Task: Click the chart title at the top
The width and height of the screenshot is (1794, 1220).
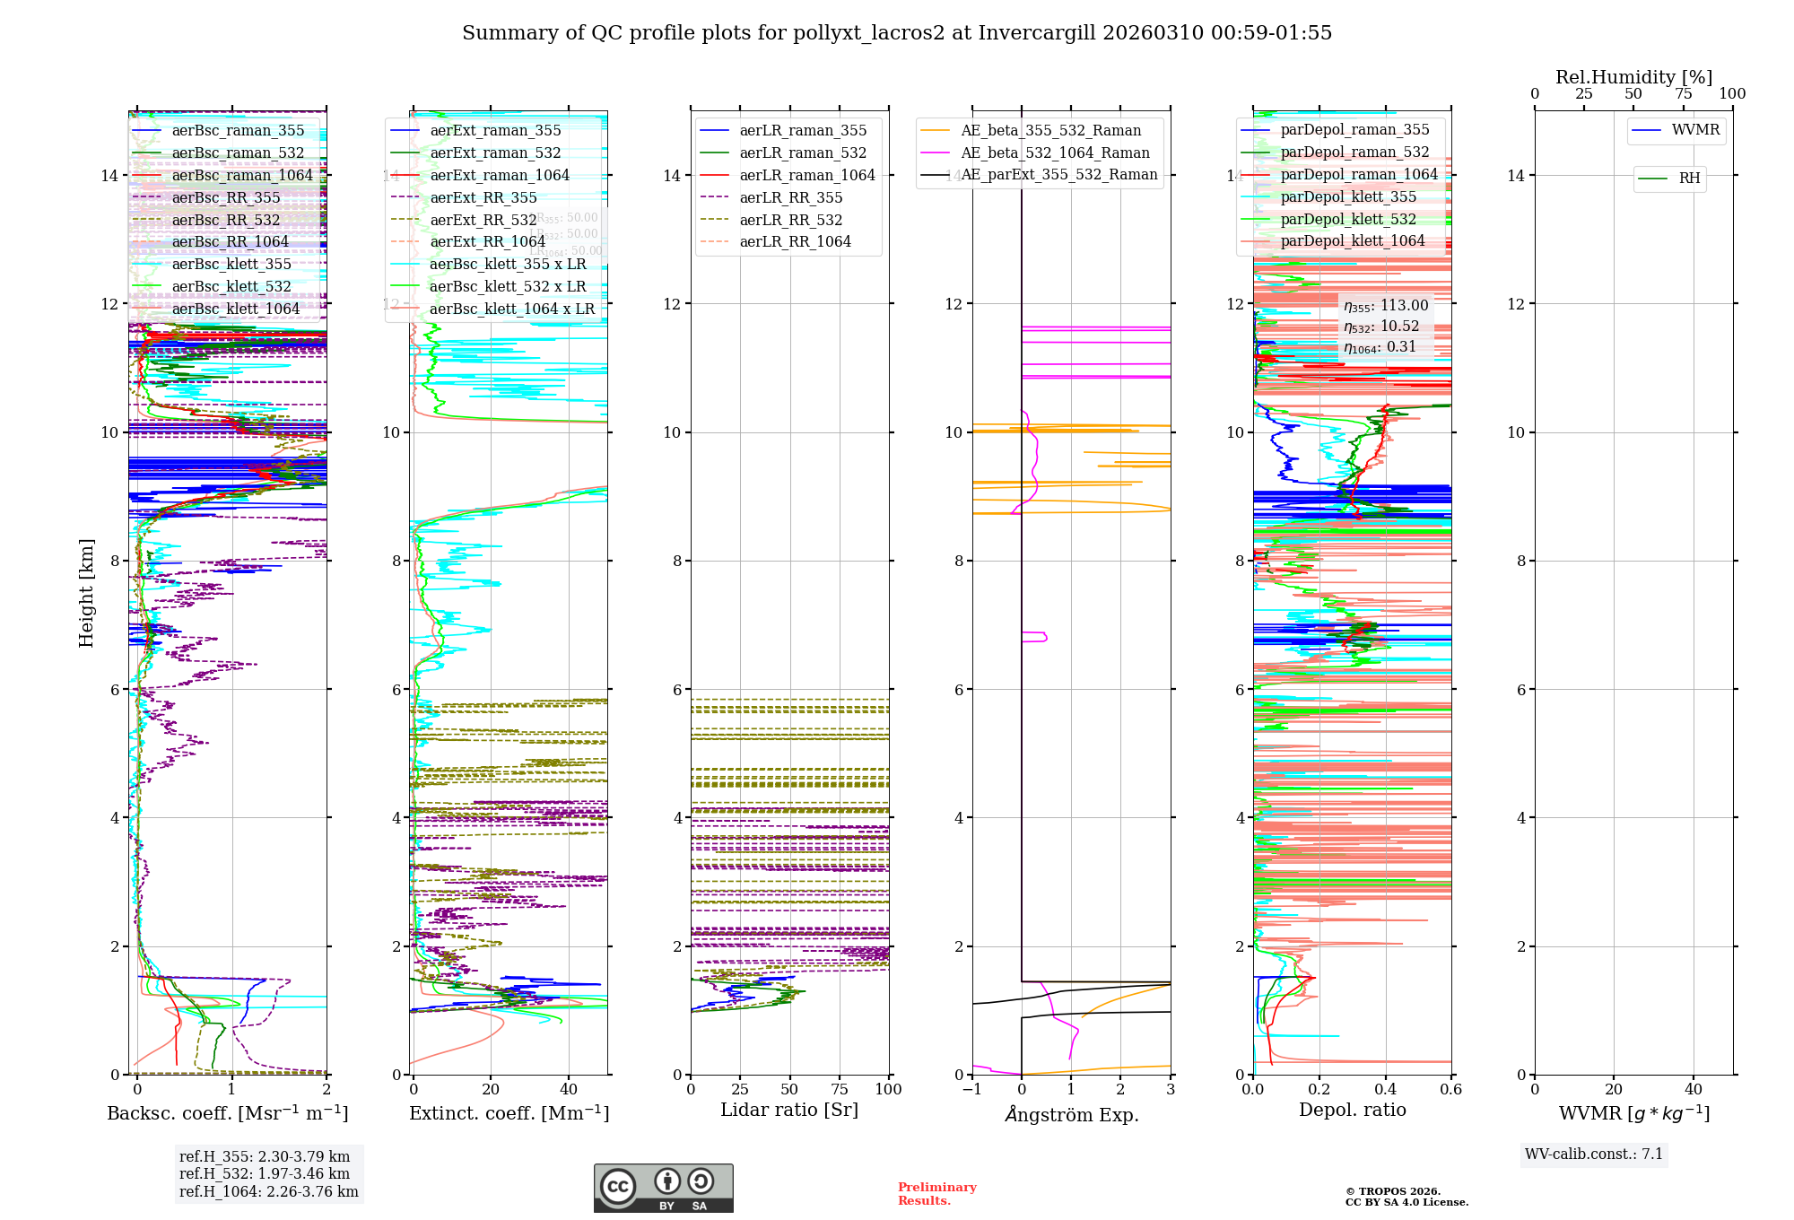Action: click(897, 33)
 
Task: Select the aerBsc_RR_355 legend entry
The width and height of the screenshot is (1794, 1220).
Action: click(226, 197)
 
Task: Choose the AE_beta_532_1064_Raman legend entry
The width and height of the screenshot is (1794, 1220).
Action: click(1055, 152)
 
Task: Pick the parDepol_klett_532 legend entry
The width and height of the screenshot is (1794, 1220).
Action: click(1348, 219)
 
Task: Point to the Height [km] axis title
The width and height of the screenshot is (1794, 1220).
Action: click(86, 593)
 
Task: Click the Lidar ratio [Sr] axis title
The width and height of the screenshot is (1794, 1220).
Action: click(789, 1110)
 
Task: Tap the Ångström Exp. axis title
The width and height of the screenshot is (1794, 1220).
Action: click(1072, 1114)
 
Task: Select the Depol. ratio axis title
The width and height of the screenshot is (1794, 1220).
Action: click(1353, 1110)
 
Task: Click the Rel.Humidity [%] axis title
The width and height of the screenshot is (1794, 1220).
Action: click(1633, 77)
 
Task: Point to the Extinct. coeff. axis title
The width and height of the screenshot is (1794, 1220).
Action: click(509, 1113)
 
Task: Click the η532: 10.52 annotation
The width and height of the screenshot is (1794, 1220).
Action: click(1381, 327)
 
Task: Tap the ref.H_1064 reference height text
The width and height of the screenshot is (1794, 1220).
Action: click(269, 1191)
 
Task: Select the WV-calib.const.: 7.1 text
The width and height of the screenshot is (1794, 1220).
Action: click(1594, 1154)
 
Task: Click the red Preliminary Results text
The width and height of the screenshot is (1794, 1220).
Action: click(936, 1193)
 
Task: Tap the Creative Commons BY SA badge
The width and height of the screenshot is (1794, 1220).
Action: click(663, 1188)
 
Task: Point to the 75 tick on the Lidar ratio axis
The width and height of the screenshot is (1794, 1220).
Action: click(840, 1089)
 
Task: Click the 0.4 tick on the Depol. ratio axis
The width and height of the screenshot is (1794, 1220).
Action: click(1385, 1089)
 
